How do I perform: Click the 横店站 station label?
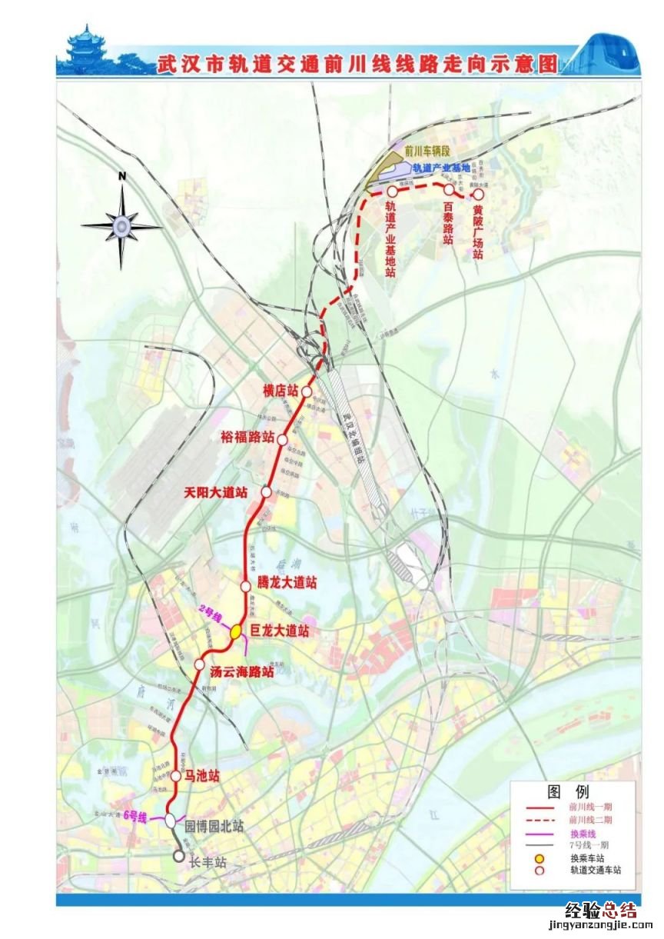click(281, 391)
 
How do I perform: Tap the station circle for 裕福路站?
click(282, 438)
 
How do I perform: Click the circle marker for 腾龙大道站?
click(246, 585)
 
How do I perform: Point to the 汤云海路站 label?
click(242, 671)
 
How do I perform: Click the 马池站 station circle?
click(176, 777)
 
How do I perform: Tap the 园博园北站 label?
click(214, 826)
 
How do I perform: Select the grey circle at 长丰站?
click(179, 855)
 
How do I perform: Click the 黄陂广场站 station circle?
click(478, 195)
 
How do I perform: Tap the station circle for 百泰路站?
click(449, 189)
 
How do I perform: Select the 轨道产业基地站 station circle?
click(392, 190)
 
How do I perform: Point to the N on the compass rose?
click(121, 176)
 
